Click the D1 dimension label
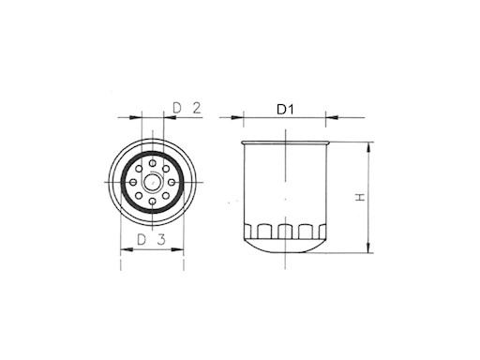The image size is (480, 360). point(285,110)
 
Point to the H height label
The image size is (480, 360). point(358,197)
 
